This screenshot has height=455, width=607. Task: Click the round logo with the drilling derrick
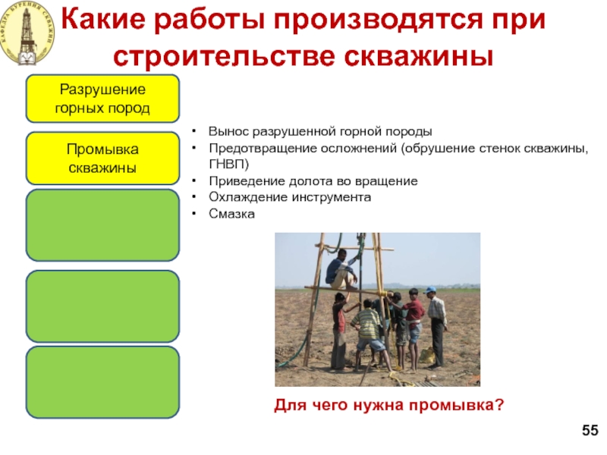[x=27, y=33]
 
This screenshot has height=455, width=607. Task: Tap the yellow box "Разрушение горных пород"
[x=102, y=99]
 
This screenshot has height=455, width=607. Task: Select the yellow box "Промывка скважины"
[x=102, y=158]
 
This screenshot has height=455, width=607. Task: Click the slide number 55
[x=590, y=430]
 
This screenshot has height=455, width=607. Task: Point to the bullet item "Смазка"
[x=231, y=214]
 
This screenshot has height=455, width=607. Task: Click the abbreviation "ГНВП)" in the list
[x=229, y=165]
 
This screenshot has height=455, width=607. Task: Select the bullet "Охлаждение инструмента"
[x=290, y=197]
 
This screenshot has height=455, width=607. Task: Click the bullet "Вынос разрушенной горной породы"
[x=320, y=131]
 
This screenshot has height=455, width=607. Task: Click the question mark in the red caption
[x=499, y=405]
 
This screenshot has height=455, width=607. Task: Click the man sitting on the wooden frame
[x=341, y=269]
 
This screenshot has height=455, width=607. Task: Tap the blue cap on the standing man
[x=429, y=290]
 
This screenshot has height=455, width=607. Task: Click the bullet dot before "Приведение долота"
[x=194, y=180]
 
